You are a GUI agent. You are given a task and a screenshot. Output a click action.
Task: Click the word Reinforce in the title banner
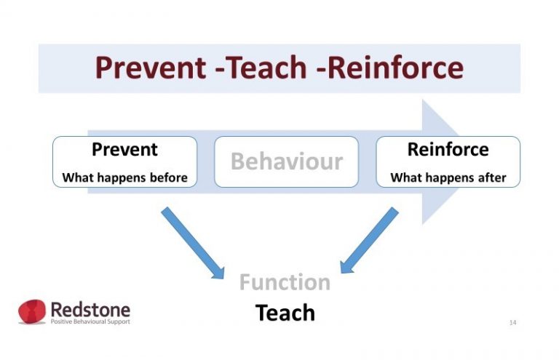(x=394, y=68)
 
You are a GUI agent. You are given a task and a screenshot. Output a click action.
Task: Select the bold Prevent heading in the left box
(x=124, y=150)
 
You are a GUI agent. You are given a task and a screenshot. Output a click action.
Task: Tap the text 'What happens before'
(x=124, y=177)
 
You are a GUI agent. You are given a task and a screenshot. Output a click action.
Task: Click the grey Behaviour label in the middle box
(x=286, y=161)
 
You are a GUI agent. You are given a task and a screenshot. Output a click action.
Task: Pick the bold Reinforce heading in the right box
(x=448, y=150)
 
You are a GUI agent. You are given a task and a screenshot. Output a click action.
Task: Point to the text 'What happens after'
(x=448, y=177)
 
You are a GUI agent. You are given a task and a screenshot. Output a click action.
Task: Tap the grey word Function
(x=285, y=281)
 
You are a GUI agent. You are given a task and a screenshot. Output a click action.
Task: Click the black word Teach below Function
(x=285, y=313)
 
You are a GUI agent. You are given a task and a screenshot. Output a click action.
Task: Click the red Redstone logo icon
(x=32, y=311)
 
